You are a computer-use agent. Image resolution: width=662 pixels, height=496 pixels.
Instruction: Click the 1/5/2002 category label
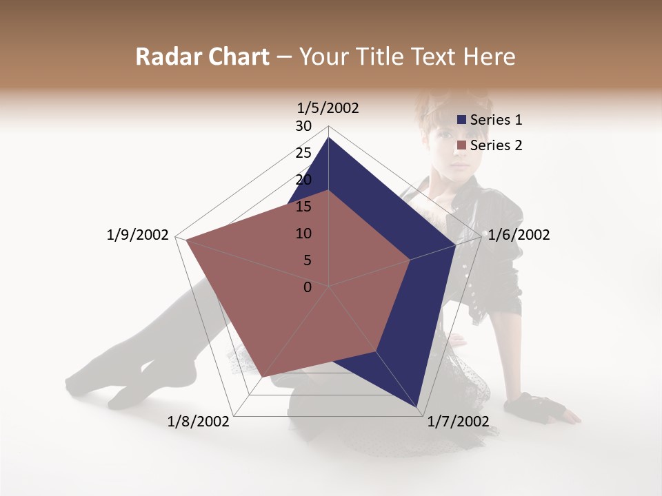(x=328, y=107)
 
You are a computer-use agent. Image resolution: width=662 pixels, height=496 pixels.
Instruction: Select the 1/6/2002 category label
(x=519, y=235)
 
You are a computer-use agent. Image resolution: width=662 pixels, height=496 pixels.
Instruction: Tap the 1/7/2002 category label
(x=458, y=422)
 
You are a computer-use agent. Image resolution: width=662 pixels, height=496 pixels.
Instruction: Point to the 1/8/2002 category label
(x=199, y=422)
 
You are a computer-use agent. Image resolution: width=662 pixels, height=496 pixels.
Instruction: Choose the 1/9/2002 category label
(x=138, y=235)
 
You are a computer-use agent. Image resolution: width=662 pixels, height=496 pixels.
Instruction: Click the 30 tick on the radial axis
(x=303, y=126)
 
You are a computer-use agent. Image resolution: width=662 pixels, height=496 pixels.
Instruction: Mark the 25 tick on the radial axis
(x=303, y=153)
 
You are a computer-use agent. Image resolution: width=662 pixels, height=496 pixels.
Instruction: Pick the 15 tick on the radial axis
(x=303, y=207)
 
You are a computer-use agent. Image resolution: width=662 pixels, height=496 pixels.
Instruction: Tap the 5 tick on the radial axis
(x=308, y=260)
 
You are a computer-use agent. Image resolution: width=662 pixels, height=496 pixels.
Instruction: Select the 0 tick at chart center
(x=308, y=287)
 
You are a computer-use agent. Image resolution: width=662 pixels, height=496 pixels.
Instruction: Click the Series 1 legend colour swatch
(x=461, y=120)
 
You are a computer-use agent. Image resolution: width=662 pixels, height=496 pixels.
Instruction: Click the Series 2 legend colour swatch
(x=461, y=145)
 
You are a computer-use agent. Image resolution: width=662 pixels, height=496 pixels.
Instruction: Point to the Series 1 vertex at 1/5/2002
(x=328, y=138)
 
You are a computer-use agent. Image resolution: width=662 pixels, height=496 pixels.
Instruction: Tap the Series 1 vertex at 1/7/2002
(x=417, y=408)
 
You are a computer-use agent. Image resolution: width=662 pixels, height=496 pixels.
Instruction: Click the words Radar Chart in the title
(x=202, y=56)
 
